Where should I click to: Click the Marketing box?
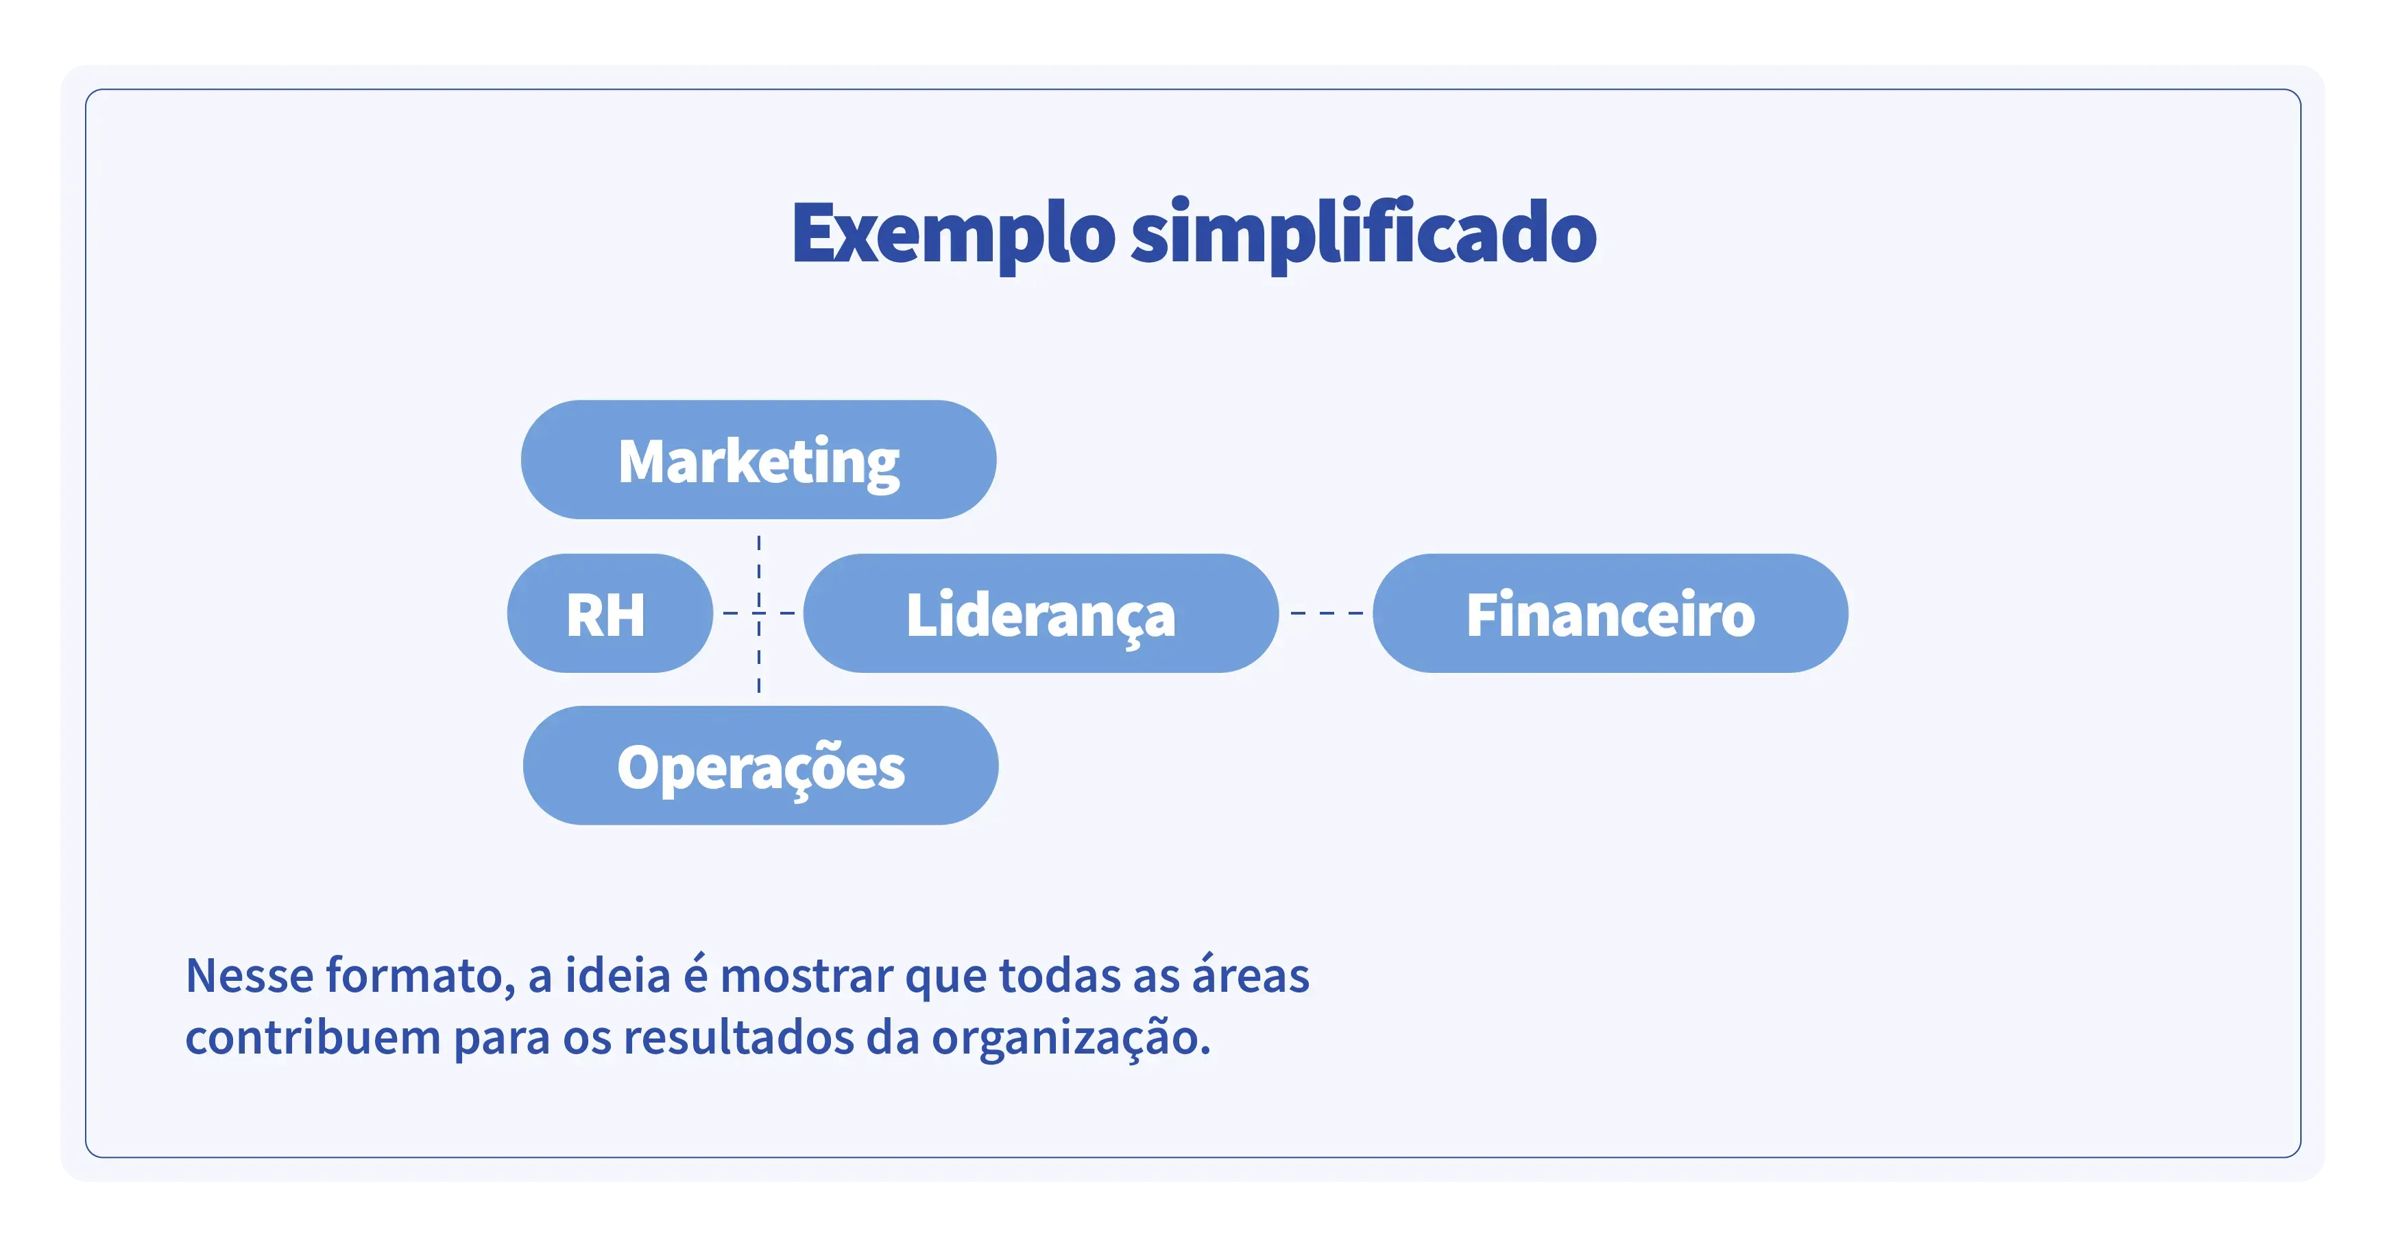coord(758,460)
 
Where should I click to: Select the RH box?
coord(609,614)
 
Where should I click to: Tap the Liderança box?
coord(1040,614)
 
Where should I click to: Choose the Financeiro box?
coord(1609,614)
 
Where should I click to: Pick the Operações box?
coord(760,765)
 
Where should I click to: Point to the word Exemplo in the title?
coord(952,234)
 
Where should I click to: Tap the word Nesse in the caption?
coord(248,976)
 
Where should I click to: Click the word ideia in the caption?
coord(617,976)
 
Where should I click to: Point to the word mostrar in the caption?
coord(806,976)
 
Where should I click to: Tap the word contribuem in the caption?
coord(313,1038)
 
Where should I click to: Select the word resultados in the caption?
coord(738,1038)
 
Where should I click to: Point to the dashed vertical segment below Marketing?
coord(759,566)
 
